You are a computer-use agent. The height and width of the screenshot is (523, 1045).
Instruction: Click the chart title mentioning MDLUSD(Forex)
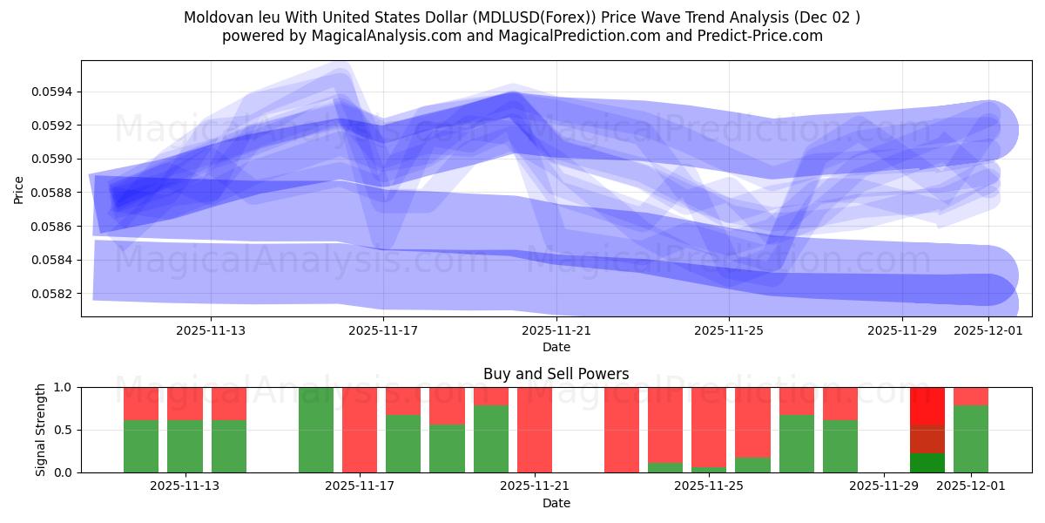pos(522,17)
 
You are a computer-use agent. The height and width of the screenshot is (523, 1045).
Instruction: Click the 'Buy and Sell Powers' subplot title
pos(556,374)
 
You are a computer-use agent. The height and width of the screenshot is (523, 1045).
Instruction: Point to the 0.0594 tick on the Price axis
pos(53,92)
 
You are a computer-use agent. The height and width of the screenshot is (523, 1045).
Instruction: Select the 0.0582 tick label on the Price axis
pos(53,294)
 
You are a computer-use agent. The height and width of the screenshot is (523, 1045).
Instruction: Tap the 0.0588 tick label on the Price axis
pos(53,193)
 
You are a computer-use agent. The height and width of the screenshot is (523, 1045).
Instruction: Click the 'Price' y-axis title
pos(19,189)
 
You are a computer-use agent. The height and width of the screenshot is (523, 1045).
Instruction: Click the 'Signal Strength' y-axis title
pos(41,430)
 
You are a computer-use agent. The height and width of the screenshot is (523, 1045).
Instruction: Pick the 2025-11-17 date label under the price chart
pos(383,330)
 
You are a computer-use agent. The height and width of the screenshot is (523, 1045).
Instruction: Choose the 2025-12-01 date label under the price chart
pos(988,330)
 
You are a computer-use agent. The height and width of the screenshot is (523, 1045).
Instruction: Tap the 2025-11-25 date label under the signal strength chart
pos(708,486)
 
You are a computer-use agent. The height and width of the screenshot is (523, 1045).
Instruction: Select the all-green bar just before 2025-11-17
pos(316,430)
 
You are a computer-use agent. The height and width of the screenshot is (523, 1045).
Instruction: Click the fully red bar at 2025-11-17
pos(360,430)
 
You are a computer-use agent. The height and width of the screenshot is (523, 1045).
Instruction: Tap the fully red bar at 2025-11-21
pos(535,430)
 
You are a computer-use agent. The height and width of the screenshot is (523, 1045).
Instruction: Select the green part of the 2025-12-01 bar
pos(971,439)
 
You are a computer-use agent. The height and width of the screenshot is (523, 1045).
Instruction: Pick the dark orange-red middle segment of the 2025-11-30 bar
pos(927,439)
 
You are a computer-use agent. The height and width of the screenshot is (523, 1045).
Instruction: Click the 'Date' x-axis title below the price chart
pos(556,347)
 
